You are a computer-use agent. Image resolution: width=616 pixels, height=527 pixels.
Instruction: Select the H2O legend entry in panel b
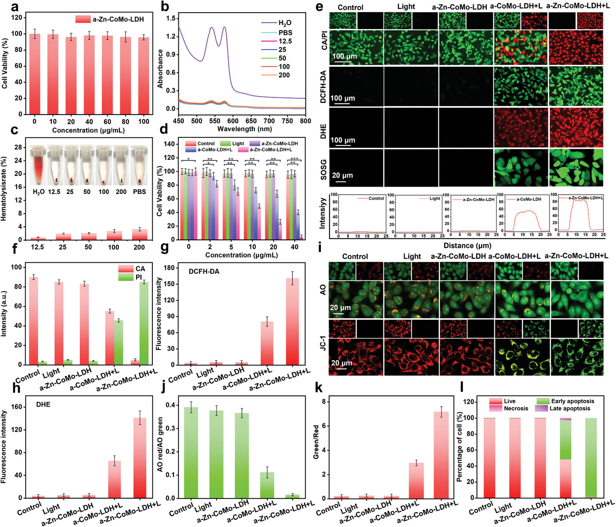284,23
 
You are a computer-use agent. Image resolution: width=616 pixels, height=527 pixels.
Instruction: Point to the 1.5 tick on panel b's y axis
171,18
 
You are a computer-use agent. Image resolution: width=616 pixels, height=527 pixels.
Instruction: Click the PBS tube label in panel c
139,192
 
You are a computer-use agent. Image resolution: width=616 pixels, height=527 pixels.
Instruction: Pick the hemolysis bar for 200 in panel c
139,234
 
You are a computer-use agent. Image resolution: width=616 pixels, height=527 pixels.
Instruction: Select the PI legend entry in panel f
139,277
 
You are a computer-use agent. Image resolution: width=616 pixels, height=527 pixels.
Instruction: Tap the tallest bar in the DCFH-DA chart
292,321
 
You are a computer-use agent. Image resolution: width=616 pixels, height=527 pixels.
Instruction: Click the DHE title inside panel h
43,404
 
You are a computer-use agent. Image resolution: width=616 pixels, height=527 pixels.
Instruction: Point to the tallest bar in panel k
441,455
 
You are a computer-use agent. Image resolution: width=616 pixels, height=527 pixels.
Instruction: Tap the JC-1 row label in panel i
323,356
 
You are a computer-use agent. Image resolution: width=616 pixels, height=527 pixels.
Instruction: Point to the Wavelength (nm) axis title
245,129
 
